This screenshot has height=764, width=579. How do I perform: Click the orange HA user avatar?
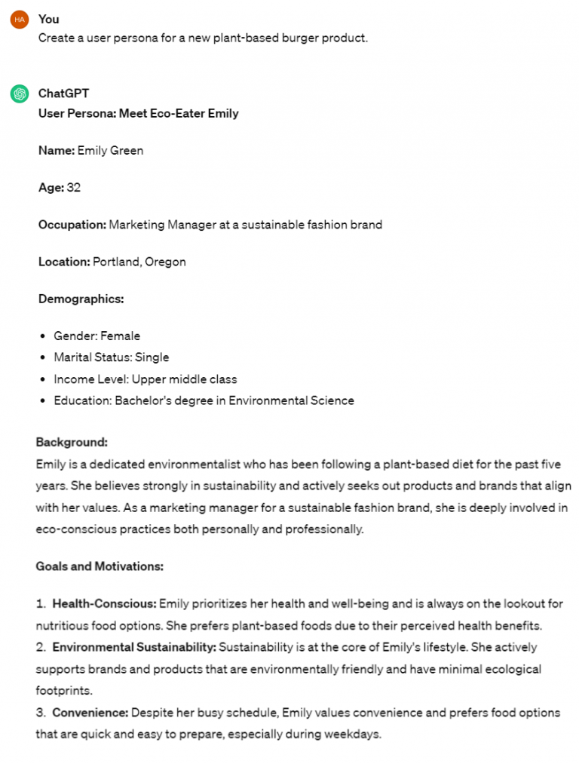click(x=19, y=20)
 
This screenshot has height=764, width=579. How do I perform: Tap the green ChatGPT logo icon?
click(x=19, y=94)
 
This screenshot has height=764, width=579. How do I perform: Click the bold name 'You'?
click(x=48, y=19)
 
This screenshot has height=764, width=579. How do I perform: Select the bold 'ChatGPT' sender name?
click(x=63, y=94)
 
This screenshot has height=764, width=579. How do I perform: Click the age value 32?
click(x=73, y=187)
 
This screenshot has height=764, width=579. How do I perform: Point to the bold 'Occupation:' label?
click(x=72, y=224)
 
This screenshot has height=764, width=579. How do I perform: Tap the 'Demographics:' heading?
click(x=81, y=299)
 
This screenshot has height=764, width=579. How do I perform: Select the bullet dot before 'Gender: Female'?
click(x=43, y=336)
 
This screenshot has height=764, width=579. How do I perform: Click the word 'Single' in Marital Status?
click(x=152, y=357)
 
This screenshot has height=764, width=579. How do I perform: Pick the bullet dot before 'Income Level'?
click(x=43, y=379)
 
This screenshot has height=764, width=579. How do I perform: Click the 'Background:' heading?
click(x=72, y=442)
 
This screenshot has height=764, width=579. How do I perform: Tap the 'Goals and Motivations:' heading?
click(x=100, y=566)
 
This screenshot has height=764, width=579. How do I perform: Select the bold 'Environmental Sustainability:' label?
click(x=134, y=647)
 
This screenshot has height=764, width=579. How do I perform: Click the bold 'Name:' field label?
click(x=57, y=150)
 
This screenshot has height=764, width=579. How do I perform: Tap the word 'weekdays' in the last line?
click(x=354, y=734)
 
